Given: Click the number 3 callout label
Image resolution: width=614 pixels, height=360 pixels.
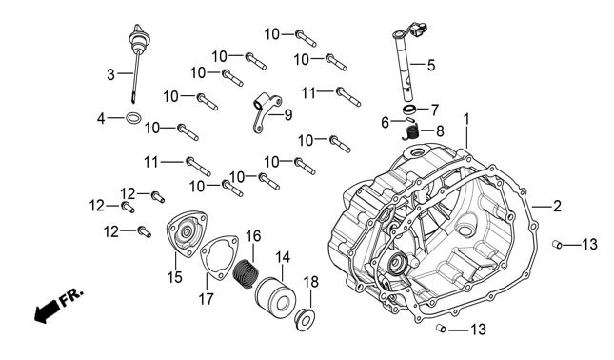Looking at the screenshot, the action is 111,74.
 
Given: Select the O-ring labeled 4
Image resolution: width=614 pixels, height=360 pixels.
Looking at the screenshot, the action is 133,118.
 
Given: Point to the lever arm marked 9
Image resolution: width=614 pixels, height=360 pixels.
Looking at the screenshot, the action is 267,112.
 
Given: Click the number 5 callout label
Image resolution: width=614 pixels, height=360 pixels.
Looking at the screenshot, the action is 430,65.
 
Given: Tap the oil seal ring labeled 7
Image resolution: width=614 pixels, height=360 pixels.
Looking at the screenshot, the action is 409,109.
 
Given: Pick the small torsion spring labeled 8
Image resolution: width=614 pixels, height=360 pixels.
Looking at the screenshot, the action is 411,130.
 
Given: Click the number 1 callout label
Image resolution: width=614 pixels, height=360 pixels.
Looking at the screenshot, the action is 466,119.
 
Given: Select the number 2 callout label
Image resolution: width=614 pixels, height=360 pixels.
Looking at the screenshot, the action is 557,206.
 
